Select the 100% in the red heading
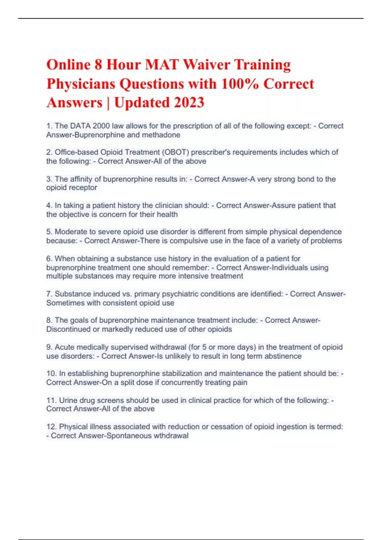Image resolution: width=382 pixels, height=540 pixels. pyautogui.click(x=240, y=84)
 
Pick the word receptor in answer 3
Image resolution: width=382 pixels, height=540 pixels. pyautogui.click(x=84, y=188)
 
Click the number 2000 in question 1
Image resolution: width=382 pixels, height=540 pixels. pyautogui.click(x=101, y=126)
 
